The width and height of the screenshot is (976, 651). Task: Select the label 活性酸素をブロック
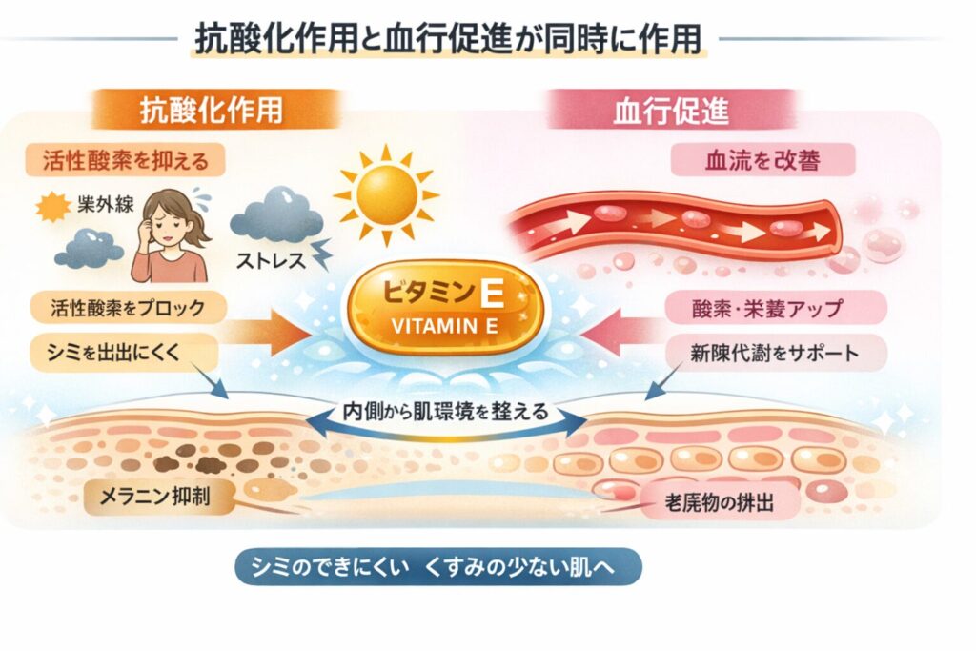coord(127,307)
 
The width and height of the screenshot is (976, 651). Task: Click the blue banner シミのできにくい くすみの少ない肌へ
coord(437,566)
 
